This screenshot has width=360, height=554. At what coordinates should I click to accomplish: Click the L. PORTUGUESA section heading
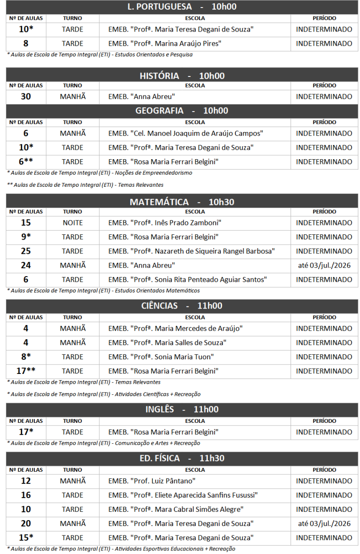coord(182,7)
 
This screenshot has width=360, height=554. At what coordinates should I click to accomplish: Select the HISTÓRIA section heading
coord(182,76)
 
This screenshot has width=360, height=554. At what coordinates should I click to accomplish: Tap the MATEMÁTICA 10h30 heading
coord(182,202)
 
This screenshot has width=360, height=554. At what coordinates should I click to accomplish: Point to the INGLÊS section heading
coord(182,409)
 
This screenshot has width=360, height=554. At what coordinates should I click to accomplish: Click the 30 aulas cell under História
coord(26,96)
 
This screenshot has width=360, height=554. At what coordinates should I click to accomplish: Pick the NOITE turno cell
coord(73,223)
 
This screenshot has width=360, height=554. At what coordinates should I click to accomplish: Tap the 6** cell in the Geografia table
coord(26,162)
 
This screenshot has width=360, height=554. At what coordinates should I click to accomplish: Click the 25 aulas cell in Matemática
coord(26,251)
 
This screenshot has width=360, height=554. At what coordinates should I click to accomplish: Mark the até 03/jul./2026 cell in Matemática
coord(324,265)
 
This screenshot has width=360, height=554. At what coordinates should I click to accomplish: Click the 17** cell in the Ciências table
coord(26,371)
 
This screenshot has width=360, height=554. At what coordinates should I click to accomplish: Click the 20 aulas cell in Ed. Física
coord(26,524)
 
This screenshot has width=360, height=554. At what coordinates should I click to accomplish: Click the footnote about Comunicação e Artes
coord(104,443)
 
